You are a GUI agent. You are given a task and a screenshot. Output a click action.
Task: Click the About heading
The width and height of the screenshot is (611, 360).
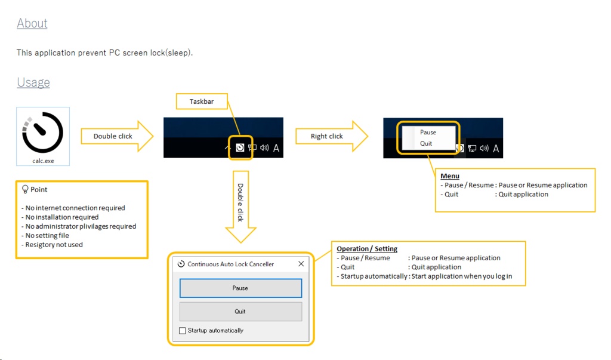pos(32,23)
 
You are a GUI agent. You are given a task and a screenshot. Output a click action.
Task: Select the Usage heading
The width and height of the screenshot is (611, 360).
pos(33,82)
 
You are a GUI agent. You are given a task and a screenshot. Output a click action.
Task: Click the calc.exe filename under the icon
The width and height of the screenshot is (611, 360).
pos(43,161)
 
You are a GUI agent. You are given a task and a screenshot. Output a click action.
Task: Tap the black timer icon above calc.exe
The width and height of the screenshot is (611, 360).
pos(43,132)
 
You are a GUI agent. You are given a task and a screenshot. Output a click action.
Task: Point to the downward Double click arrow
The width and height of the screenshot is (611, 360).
pos(240,207)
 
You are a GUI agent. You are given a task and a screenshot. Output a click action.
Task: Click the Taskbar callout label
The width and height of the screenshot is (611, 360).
pos(202,101)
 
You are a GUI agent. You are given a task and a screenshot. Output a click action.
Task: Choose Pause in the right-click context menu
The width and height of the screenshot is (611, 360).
pos(428,133)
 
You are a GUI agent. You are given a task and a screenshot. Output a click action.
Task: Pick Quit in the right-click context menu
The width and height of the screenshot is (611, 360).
pos(426,143)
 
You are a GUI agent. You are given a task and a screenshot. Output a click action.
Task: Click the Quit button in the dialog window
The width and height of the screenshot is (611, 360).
pos(240,311)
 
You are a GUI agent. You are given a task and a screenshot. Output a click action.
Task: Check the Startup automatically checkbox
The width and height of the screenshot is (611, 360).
pos(183,331)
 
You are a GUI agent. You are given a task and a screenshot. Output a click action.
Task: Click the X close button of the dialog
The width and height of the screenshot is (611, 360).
pos(301,264)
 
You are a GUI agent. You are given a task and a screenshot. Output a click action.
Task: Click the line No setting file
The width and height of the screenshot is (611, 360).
pos(47,236)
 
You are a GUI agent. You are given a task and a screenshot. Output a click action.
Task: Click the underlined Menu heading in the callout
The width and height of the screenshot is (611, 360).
pos(450,176)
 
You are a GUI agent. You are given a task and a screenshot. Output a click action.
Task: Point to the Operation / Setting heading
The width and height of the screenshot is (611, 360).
pos(367,249)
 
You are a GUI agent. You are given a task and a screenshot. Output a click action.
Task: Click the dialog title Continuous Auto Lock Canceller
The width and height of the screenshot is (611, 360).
pos(230,264)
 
